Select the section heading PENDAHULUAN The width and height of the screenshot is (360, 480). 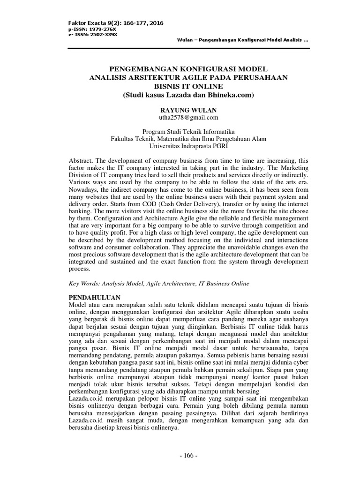95,298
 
